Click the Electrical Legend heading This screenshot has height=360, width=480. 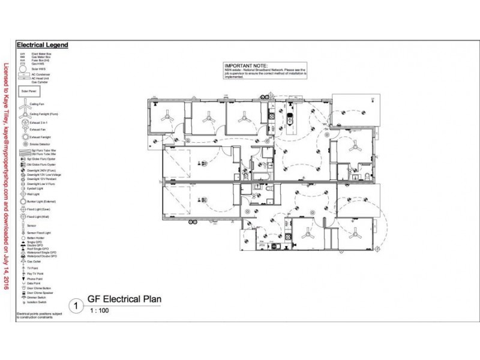(42, 44)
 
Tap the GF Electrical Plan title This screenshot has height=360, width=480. (125, 299)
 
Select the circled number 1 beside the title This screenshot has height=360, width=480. (75, 305)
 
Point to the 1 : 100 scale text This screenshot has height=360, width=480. (100, 312)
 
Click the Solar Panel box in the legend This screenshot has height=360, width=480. (28, 92)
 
